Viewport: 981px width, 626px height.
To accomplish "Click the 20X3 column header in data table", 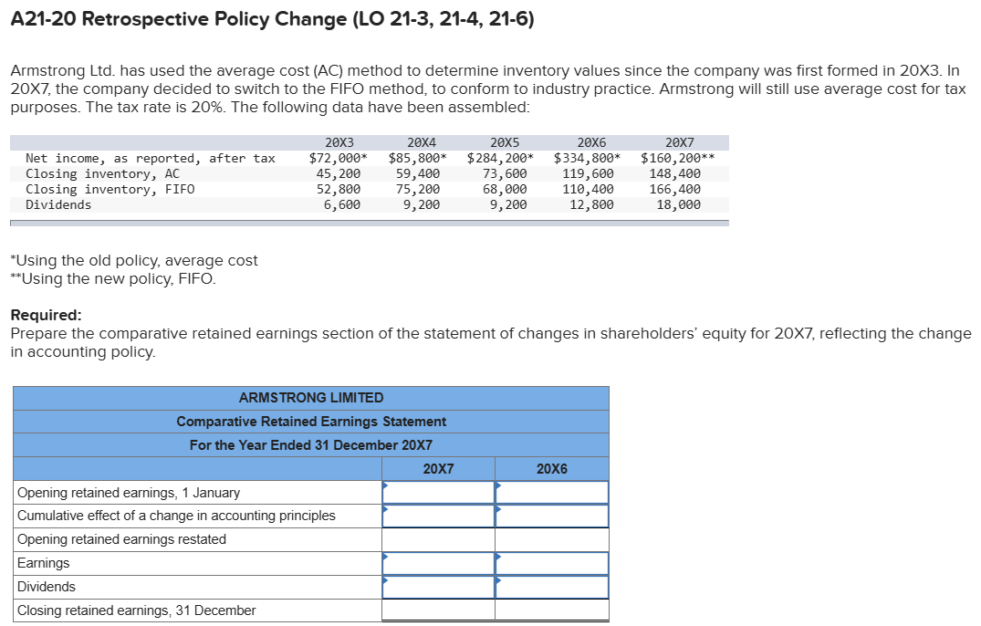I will click(x=339, y=142).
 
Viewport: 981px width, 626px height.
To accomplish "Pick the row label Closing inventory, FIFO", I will click(x=110, y=189).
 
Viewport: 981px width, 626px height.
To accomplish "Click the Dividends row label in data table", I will click(x=58, y=204).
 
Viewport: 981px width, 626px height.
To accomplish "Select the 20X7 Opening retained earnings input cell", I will click(x=438, y=492).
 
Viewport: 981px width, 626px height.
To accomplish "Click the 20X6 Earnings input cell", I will click(x=551, y=563).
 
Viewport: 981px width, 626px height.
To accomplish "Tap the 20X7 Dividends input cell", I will click(x=438, y=587).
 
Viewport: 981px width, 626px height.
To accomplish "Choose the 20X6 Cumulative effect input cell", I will click(x=551, y=516).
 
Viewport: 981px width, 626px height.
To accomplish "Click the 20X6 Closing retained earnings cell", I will click(x=551, y=610).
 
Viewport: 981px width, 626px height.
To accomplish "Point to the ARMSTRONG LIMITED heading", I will click(x=310, y=398).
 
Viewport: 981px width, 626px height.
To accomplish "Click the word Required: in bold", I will click(x=47, y=315).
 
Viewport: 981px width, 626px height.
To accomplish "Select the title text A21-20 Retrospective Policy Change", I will click(x=272, y=18).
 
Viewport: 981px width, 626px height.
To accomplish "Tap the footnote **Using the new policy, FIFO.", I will click(x=113, y=278).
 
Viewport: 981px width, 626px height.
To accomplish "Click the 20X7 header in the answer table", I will click(x=438, y=468).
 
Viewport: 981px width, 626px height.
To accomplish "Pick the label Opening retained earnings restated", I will click(x=121, y=539).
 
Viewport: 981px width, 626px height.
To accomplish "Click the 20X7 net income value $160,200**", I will click(x=677, y=158).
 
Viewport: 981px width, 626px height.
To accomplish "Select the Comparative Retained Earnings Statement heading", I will click(x=310, y=422).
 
